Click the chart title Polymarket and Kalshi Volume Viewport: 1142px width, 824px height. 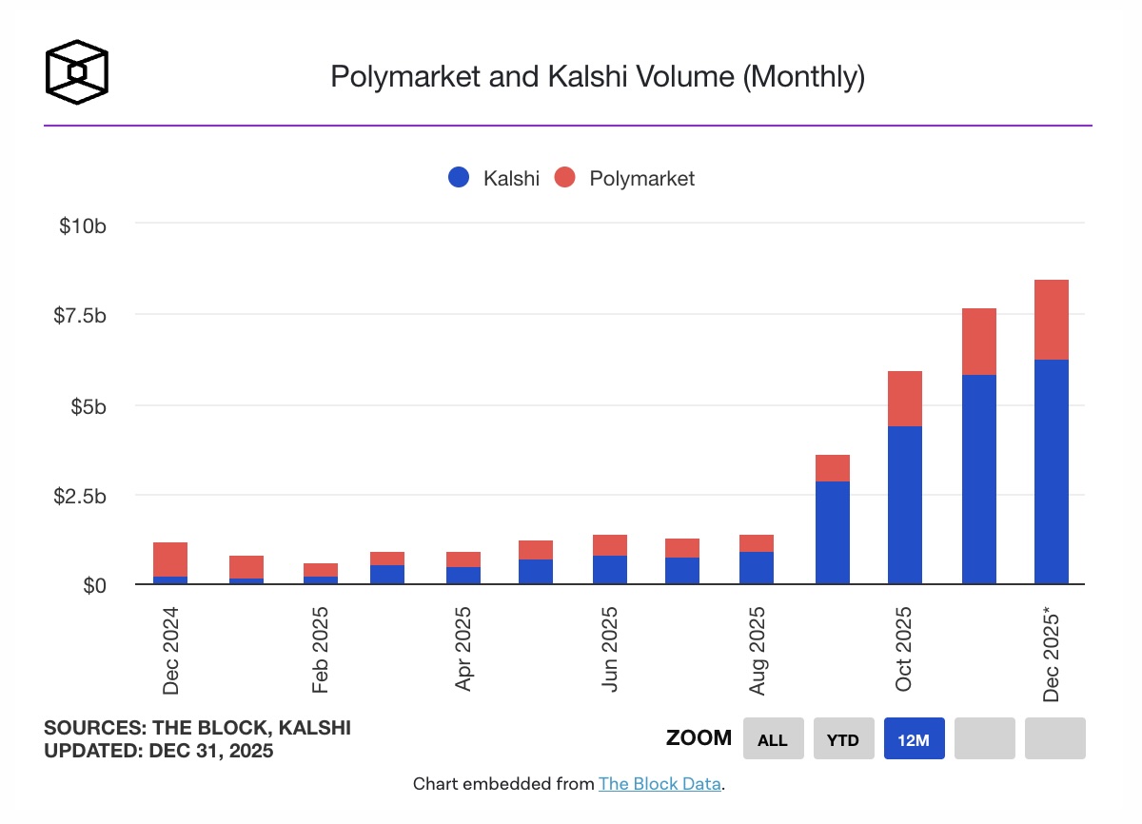pyautogui.click(x=597, y=76)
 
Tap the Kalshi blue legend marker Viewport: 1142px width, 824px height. pyautogui.click(x=459, y=178)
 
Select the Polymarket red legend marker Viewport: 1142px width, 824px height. pyautogui.click(x=565, y=178)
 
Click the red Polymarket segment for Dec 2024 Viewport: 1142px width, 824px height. pyautogui.click(x=170, y=559)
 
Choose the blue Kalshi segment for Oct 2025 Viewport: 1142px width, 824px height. pyautogui.click(x=905, y=504)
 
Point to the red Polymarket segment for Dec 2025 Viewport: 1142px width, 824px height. pyautogui.click(x=1052, y=320)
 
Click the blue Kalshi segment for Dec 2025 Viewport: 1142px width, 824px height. pyautogui.click(x=1052, y=472)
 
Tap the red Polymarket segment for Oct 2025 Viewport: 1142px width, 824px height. pyautogui.click(x=905, y=399)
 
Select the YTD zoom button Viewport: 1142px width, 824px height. pyautogui.click(x=843, y=738)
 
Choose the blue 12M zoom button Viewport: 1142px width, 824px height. pyautogui.click(x=914, y=738)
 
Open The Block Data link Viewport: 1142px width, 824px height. pyautogui.click(x=660, y=785)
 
